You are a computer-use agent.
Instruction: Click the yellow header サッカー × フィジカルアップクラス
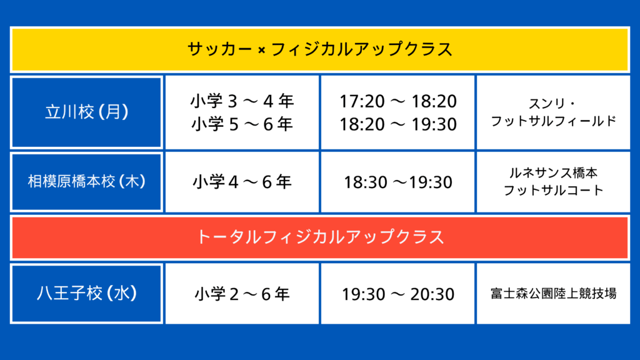320,49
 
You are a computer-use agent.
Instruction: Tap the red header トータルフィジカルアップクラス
320,237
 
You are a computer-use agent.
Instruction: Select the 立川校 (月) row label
86,112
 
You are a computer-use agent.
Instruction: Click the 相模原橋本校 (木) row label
86,182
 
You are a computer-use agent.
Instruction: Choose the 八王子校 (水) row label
86,294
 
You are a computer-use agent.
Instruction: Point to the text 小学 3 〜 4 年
242,101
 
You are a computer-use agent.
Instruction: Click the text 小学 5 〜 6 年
242,124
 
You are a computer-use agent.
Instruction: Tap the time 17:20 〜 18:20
398,101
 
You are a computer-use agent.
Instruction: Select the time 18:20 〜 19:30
398,124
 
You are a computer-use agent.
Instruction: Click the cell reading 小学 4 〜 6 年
242,182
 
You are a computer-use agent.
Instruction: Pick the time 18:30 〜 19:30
398,182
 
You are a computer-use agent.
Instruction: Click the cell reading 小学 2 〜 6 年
242,294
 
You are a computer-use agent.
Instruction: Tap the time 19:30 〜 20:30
398,294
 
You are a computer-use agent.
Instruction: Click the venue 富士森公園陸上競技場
554,294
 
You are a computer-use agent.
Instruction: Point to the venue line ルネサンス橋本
554,173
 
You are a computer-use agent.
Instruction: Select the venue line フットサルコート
554,191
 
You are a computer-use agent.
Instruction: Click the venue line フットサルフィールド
554,121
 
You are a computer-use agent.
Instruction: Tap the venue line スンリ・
552,104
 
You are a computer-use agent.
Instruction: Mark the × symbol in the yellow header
262,50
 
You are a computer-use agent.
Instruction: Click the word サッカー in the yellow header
220,49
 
